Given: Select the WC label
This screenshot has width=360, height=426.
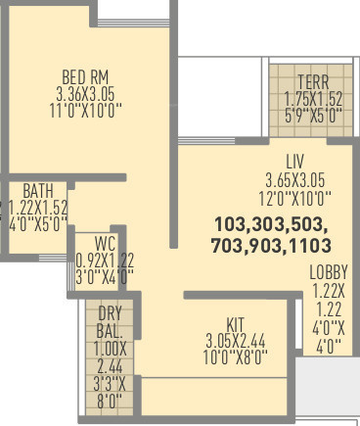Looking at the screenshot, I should pyautogui.click(x=105, y=244).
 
